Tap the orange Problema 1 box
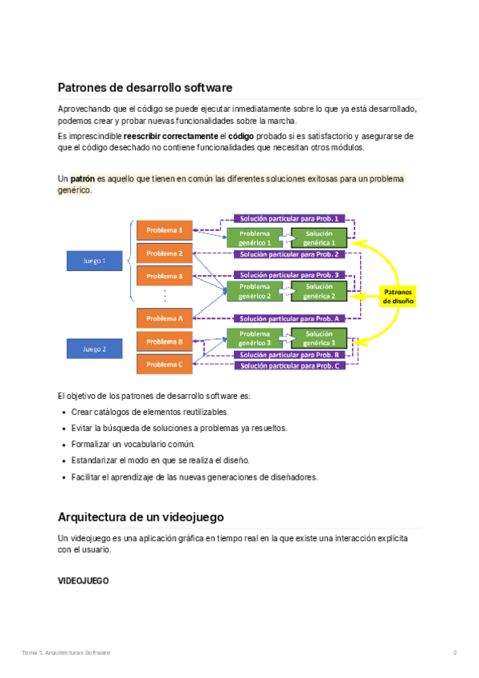coord(164,229)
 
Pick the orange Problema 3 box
coord(164,277)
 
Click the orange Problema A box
coord(164,318)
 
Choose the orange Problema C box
coord(164,365)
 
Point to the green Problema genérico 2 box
coord(255,290)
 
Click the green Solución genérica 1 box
coord(319,237)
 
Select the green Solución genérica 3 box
coord(319,338)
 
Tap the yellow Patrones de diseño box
coord(398,297)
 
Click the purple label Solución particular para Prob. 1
coord(290,218)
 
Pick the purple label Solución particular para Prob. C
coord(290,365)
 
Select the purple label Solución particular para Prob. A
coord(290,318)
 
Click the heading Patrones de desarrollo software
coord(144,87)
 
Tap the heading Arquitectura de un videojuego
coord(141,516)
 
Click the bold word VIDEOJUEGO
coord(83,580)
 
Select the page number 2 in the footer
coord(454,653)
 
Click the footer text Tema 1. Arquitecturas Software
coord(65,653)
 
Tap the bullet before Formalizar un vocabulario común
coord(64,445)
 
